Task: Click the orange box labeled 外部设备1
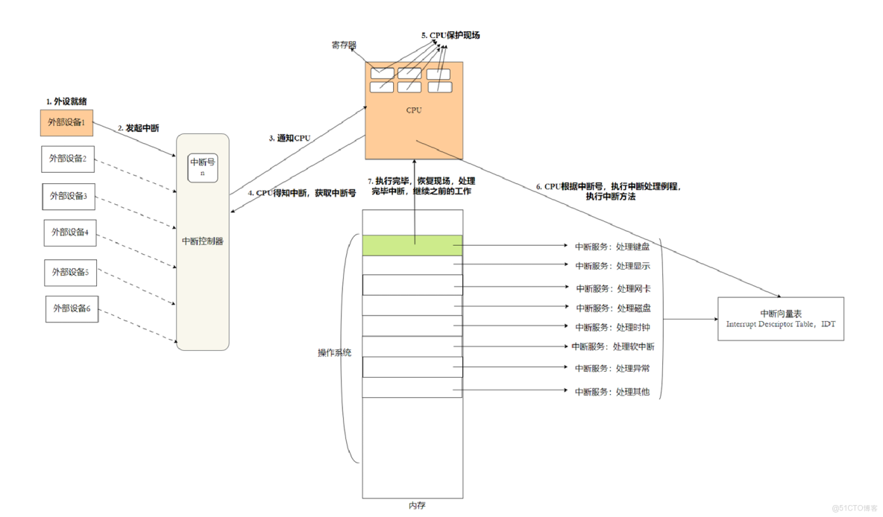tap(66, 122)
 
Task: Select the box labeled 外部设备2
tap(68, 159)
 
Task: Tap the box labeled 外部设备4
tap(70, 232)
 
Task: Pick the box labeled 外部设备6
tap(72, 308)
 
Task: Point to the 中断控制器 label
tap(202, 241)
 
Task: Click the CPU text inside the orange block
tap(414, 110)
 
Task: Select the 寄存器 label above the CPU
tap(344, 45)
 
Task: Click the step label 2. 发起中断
tap(138, 128)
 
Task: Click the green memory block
tap(412, 245)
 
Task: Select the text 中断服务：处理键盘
tap(612, 247)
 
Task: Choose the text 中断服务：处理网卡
tap(612, 288)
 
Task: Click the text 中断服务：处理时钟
tap(612, 327)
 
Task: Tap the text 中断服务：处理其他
tap(612, 391)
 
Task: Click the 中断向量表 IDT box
tap(781, 319)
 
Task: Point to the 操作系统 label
tap(334, 352)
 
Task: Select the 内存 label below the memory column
tap(417, 506)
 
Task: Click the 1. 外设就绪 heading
tap(71, 101)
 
